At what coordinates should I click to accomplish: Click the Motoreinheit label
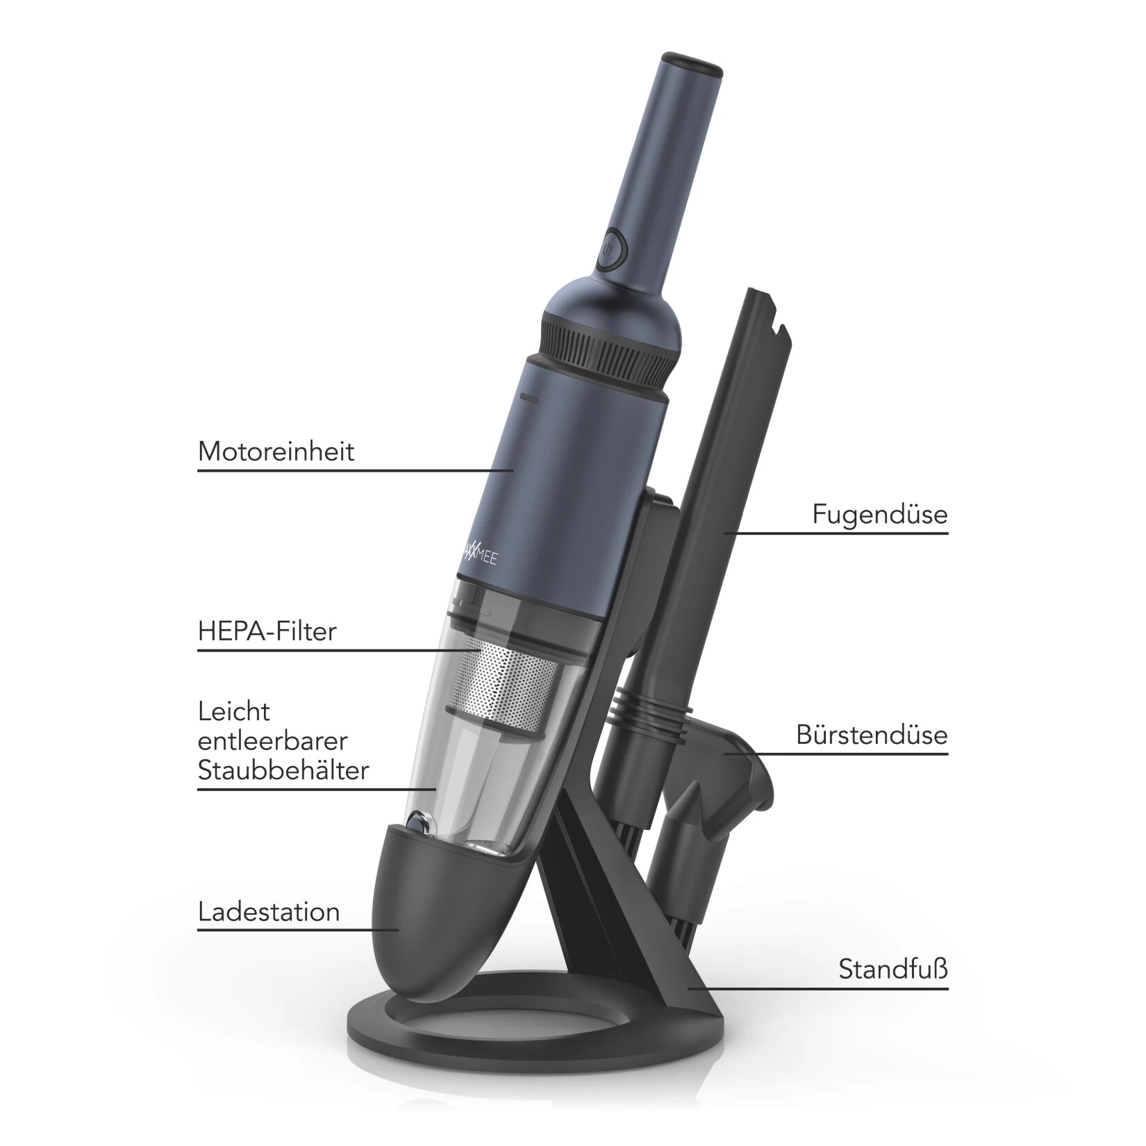click(276, 451)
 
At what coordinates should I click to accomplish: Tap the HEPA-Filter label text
click(267, 631)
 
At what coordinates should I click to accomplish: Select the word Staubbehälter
click(283, 770)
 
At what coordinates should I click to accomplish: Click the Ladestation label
click(269, 912)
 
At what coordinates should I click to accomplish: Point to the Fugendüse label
click(880, 515)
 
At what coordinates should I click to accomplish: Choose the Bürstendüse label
click(872, 735)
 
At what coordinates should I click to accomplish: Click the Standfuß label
click(893, 968)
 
